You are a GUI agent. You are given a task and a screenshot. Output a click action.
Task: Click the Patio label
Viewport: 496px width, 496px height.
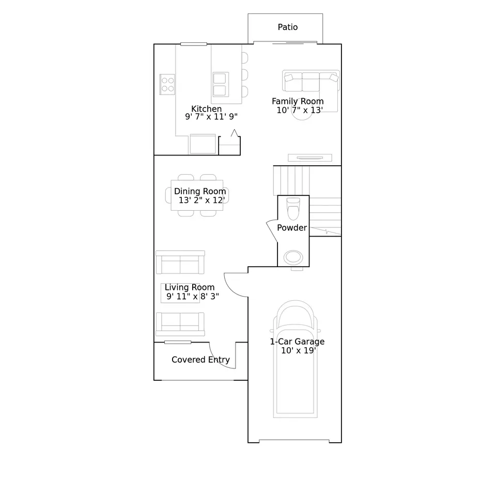(288, 27)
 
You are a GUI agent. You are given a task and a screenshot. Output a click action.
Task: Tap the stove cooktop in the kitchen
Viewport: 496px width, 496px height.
(167, 83)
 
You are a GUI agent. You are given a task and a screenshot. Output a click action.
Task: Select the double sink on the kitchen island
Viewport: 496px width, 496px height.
(221, 84)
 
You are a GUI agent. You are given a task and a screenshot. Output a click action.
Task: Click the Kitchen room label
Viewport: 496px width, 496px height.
(207, 109)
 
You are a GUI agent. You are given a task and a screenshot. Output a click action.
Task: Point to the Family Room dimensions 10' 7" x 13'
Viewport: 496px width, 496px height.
(300, 110)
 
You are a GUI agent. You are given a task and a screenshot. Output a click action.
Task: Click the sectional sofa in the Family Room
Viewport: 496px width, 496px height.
(311, 82)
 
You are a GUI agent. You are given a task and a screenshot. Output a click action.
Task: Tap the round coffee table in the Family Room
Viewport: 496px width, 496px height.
(302, 117)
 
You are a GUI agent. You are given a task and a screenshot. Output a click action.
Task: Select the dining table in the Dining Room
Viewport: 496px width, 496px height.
(197, 195)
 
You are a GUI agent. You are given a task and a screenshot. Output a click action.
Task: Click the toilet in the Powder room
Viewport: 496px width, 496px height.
(293, 210)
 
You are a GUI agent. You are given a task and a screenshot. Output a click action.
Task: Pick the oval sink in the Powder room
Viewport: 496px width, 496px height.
(293, 257)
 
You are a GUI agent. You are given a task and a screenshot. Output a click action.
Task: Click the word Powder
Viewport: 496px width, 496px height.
(292, 228)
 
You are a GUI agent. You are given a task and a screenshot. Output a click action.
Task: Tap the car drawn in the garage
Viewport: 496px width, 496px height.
(295, 362)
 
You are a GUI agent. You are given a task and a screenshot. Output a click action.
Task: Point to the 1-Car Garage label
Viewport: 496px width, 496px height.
(297, 342)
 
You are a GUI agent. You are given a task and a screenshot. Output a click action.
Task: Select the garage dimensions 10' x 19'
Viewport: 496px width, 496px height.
(299, 351)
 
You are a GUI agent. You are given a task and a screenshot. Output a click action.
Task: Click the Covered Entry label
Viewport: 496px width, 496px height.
(200, 360)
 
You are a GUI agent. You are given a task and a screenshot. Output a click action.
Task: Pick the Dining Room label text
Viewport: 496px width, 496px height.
(200, 192)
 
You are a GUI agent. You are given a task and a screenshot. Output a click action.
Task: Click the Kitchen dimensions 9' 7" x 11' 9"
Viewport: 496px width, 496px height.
(211, 117)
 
